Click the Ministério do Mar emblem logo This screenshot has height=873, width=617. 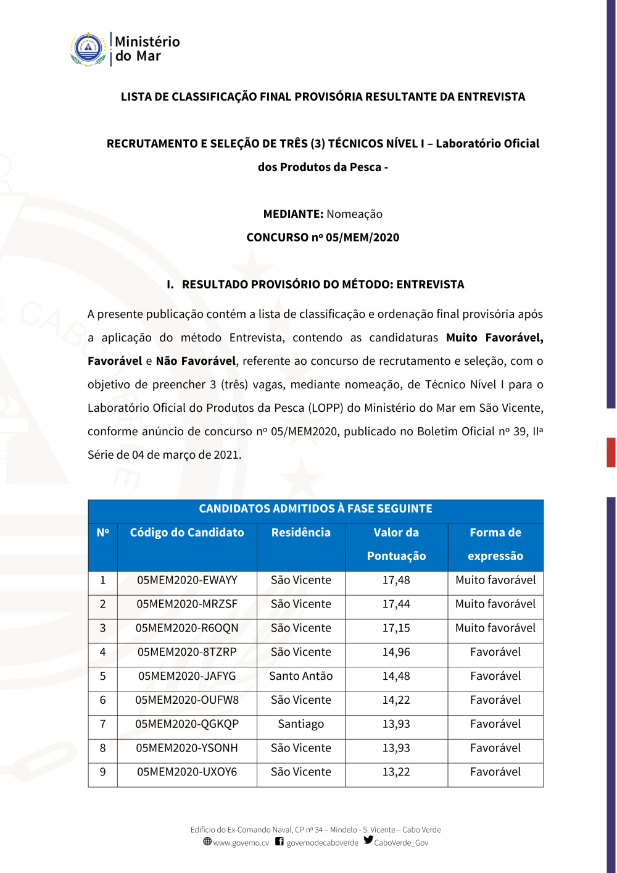click(88, 49)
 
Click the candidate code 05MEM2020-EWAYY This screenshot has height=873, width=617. click(187, 580)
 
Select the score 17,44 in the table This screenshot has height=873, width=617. click(396, 604)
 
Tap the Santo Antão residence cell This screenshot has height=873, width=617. click(300, 676)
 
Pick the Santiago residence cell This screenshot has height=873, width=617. click(300, 724)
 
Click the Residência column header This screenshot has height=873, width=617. click(300, 533)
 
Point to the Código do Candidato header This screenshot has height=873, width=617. click(187, 533)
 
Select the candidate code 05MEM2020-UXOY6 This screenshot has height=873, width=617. click(187, 772)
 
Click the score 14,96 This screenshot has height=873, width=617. click(396, 653)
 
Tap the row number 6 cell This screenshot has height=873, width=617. click(102, 700)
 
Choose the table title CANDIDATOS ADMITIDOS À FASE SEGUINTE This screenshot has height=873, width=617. click(315, 509)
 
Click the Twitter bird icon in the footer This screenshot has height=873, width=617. click(368, 840)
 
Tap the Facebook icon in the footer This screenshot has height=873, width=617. click(280, 842)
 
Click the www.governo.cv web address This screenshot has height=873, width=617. click(241, 843)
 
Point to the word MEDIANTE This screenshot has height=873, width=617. click(293, 214)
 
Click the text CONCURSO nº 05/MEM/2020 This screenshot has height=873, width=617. click(323, 238)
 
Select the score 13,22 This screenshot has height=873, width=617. click(396, 772)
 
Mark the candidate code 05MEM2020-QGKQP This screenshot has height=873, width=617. click(187, 724)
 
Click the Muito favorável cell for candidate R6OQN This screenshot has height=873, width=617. click(495, 629)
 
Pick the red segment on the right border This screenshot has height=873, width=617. click(611, 452)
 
